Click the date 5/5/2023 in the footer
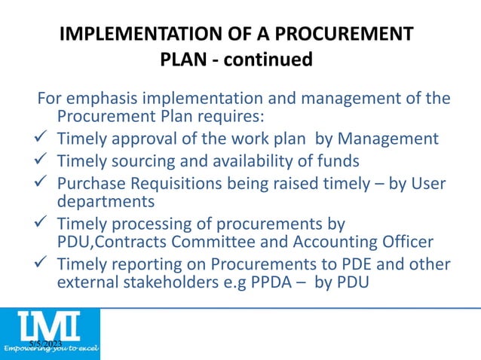coord(45,343)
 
